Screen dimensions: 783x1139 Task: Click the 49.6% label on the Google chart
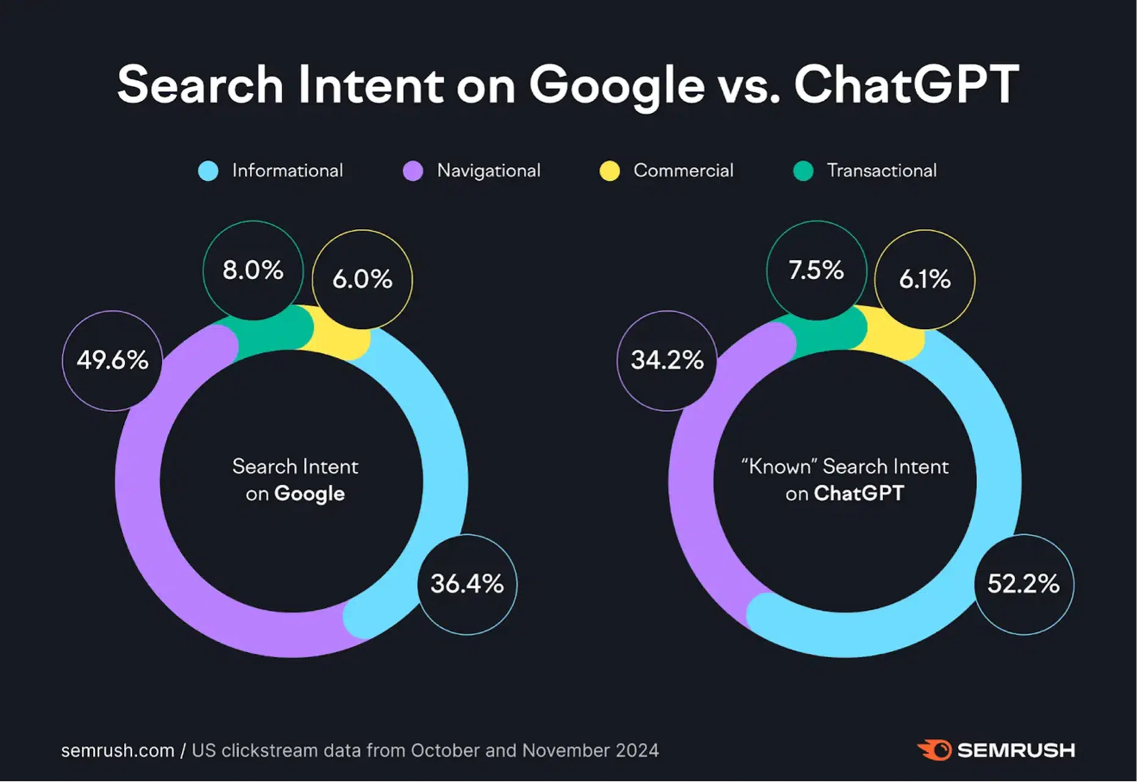[x=112, y=360]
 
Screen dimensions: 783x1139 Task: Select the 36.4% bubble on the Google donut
[x=467, y=584]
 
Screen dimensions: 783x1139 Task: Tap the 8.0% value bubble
[x=253, y=270]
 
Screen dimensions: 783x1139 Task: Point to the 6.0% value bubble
[x=362, y=279]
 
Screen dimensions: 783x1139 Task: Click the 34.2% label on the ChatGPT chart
[x=667, y=360]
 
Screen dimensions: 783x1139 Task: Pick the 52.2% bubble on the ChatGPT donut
[x=1024, y=584]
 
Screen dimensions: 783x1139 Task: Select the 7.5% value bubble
[x=816, y=270]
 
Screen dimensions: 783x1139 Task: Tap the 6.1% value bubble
[x=925, y=279]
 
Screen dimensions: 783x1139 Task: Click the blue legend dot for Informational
[x=208, y=171]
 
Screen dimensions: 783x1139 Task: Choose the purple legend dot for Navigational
[x=413, y=171]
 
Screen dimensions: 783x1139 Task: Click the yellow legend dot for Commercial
[x=609, y=171]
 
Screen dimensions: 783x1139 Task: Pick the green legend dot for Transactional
[x=803, y=171]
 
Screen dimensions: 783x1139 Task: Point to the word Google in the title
[x=617, y=85]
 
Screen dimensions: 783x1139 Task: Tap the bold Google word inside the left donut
[x=309, y=494]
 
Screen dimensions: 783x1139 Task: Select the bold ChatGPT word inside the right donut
[x=859, y=493]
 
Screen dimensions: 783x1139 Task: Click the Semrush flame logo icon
[x=935, y=750]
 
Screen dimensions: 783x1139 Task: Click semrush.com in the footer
[x=117, y=751]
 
